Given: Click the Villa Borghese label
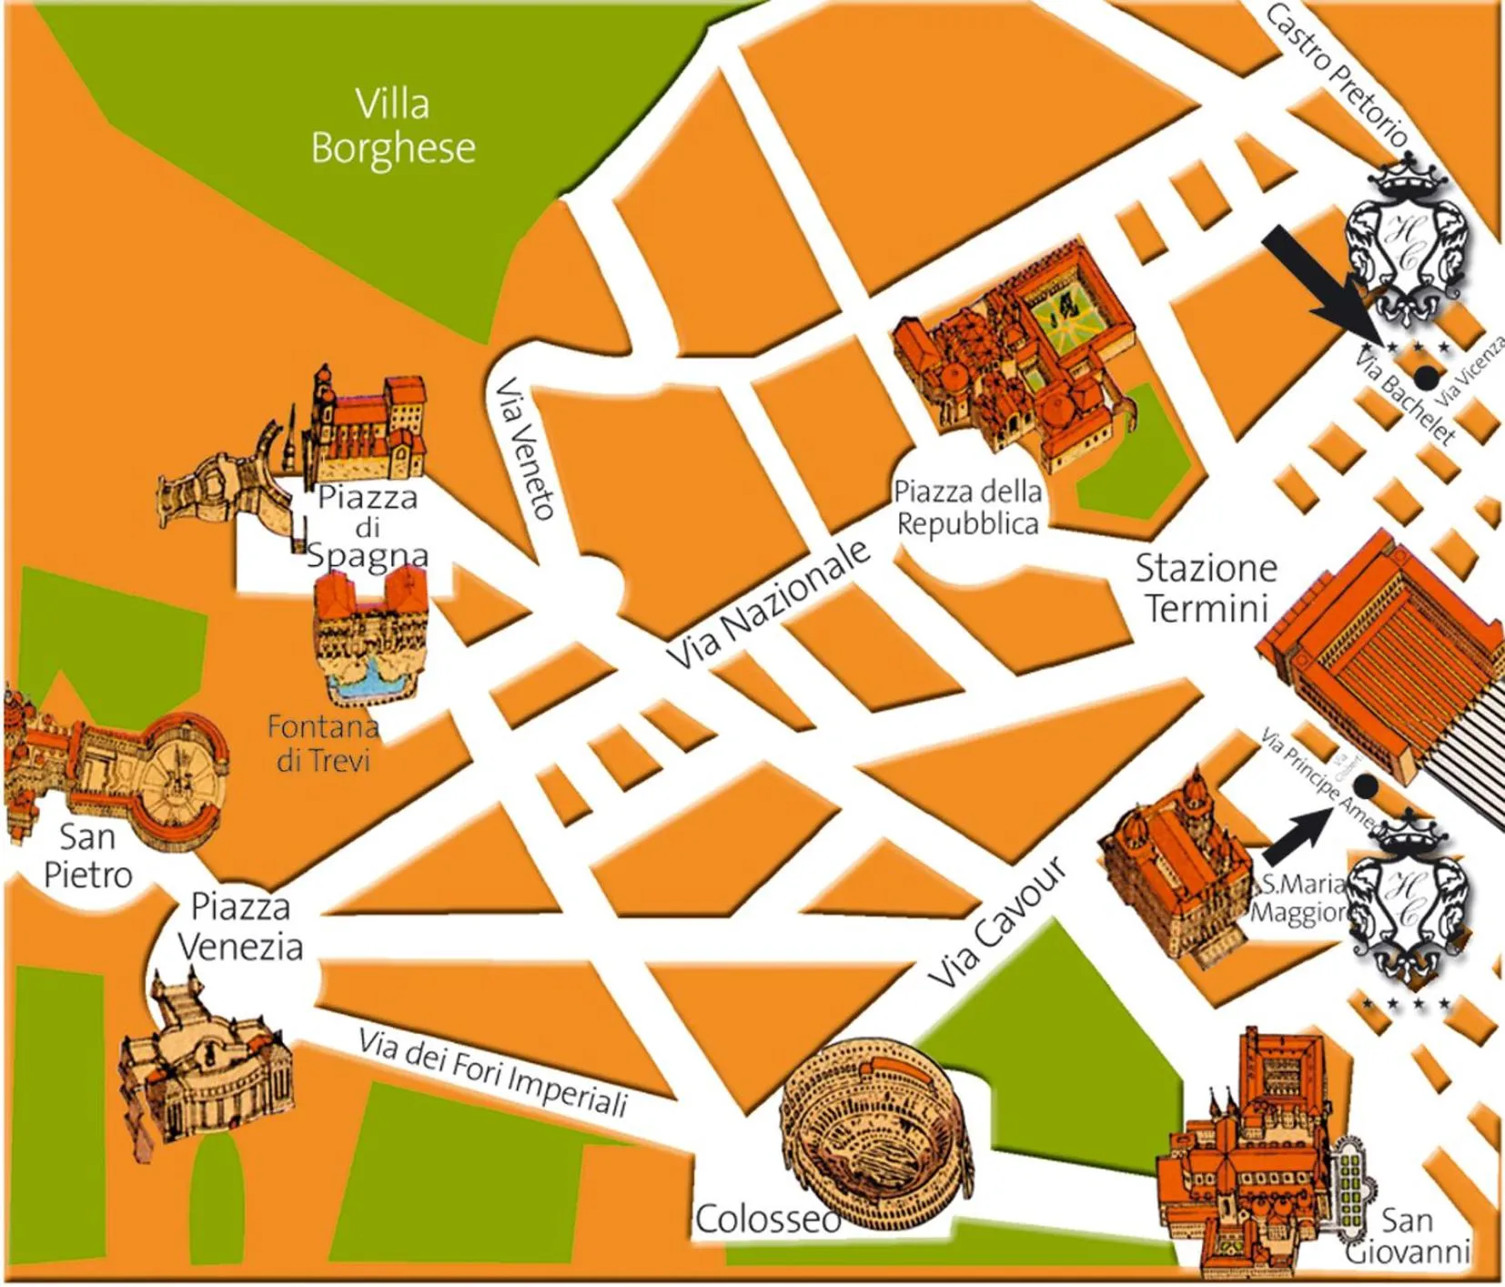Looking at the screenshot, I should point(392,127).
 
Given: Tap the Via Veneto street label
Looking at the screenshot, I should point(525,448).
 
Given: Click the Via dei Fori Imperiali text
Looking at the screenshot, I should point(492,1071).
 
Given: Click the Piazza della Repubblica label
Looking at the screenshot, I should point(966,508).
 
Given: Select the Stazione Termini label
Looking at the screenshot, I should point(1206,588).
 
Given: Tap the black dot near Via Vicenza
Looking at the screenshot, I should point(1427,376).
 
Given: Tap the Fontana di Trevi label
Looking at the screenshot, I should point(323,743).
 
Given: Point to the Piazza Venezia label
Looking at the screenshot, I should point(239,927).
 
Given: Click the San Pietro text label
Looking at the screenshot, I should point(87,856).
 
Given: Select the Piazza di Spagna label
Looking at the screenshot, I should point(368,526).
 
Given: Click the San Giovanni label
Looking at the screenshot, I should point(1407,1236).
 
